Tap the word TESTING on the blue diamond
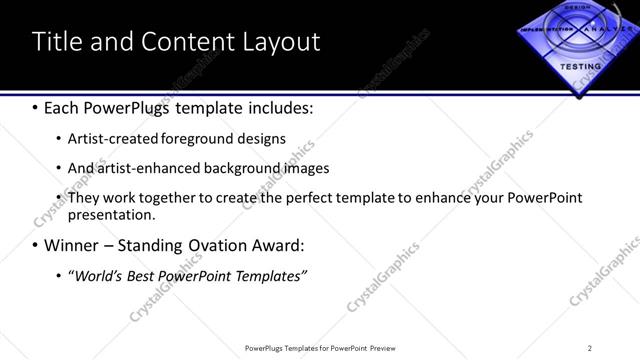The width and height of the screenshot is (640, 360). point(580,66)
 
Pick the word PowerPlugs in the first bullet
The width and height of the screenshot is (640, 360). point(139,106)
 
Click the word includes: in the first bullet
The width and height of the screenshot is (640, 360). point(277,106)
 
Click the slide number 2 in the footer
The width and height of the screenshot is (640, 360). point(590,348)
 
